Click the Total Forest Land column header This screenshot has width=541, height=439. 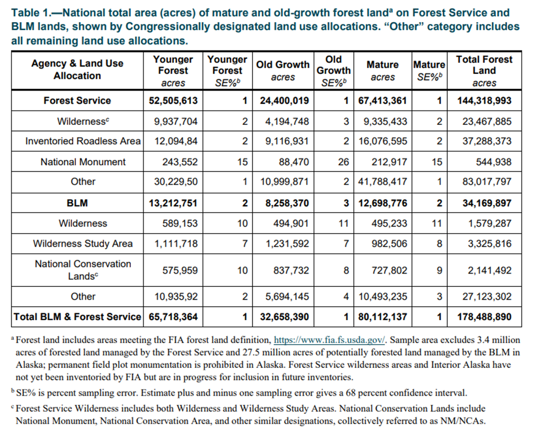tap(484, 70)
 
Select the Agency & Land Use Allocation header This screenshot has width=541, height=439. tap(77, 69)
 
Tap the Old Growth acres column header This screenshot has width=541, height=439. tap(283, 70)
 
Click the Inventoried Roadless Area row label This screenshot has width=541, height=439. tap(83, 141)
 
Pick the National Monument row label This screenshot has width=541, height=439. tap(83, 162)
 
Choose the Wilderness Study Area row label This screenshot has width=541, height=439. tap(83, 244)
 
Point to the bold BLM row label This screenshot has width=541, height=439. tap(77, 203)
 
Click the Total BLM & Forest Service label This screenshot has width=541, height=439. tap(77, 317)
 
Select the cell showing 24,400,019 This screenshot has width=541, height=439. tap(285, 100)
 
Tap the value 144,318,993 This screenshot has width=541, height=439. tap(484, 100)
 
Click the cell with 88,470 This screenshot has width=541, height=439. tap(294, 162)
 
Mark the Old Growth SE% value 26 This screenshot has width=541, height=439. tap(343, 162)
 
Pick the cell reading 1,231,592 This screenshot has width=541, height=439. tap(287, 244)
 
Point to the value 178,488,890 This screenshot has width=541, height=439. tap(484, 317)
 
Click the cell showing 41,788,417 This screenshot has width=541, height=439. tap(383, 181)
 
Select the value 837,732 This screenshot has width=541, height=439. tap(291, 270)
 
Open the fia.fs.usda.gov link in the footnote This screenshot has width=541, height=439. tap(330, 340)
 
